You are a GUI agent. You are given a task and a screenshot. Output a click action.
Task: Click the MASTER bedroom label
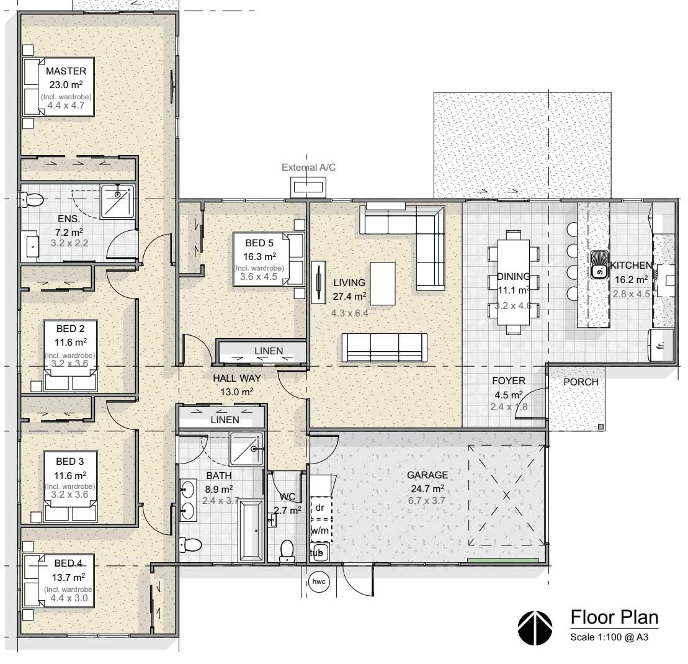(66, 71)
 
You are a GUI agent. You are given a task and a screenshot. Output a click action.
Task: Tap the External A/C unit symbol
(308, 187)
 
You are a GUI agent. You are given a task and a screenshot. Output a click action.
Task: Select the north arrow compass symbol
(535, 627)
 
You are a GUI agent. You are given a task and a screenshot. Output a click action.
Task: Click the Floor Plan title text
(614, 617)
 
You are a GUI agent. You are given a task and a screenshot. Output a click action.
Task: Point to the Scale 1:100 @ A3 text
(609, 637)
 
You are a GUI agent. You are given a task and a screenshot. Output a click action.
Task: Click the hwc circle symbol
(318, 582)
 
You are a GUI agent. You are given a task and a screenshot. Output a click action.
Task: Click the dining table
(513, 282)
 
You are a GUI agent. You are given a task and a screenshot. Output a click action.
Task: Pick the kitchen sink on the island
(599, 265)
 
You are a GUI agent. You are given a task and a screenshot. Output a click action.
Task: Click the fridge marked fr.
(660, 345)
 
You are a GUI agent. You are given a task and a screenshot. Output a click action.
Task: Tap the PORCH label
(581, 382)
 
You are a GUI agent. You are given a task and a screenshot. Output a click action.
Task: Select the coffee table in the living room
(383, 284)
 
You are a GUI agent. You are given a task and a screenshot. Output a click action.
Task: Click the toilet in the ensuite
(32, 200)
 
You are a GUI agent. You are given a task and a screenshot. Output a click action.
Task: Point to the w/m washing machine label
(320, 530)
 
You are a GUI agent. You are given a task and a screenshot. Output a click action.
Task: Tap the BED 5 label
(259, 243)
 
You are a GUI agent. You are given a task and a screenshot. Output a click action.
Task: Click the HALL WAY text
(237, 379)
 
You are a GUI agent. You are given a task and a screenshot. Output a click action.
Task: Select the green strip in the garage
(503, 560)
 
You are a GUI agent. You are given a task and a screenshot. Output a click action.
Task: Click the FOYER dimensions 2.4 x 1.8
(509, 407)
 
